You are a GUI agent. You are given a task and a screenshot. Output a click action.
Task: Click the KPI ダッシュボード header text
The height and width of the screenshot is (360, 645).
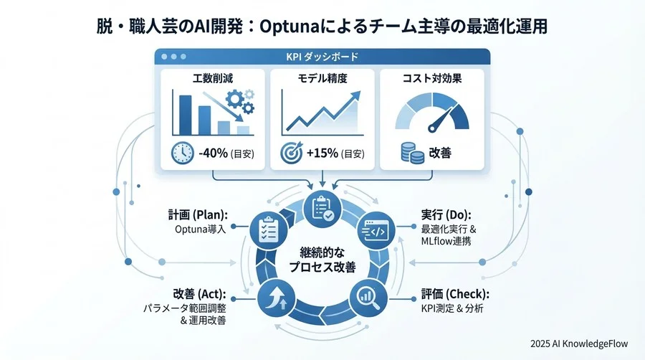coord(322,56)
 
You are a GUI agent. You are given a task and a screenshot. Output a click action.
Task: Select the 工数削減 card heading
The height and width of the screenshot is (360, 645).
coord(212,77)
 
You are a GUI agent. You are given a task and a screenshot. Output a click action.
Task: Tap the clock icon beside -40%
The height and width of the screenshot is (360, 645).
coord(183,153)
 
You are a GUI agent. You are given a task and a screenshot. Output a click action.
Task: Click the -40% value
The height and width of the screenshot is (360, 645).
coord(213,153)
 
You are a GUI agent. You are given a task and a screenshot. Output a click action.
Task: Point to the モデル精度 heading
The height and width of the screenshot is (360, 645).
coord(322,77)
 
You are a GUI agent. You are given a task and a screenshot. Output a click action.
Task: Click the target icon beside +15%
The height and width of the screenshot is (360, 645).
coord(292,153)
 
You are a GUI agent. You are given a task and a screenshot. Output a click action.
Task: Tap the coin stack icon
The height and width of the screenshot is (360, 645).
coord(410,153)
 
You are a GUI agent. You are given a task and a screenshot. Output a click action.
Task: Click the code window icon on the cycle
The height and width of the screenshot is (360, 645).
coord(377,232)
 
